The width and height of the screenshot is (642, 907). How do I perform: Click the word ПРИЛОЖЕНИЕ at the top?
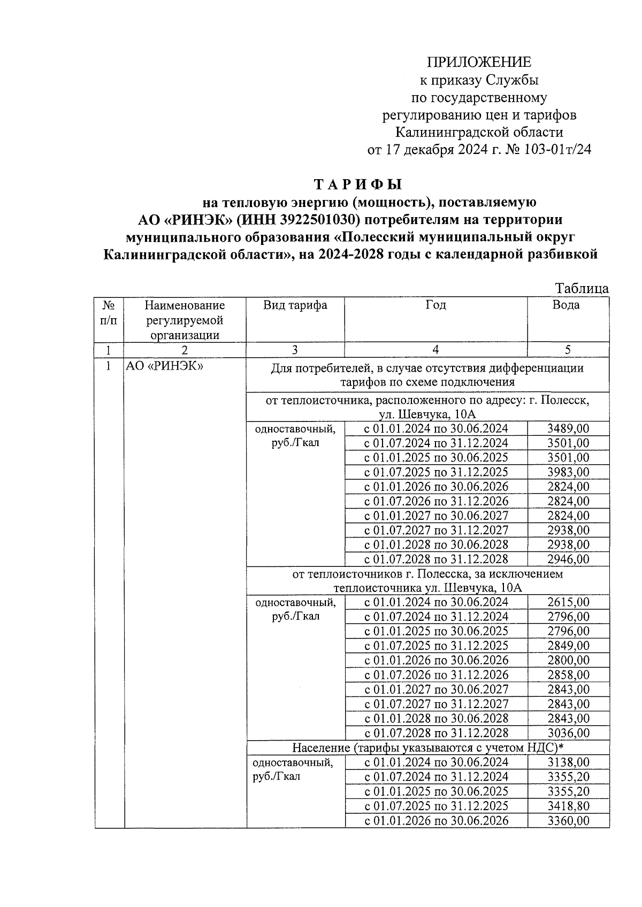pos(479,62)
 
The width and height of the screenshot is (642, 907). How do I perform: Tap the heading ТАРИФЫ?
pos(357,185)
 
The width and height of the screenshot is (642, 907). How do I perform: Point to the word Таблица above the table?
pos(582,288)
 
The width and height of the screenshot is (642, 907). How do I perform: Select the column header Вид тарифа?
pos(295,305)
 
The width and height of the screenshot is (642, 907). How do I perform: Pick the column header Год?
pos(435,305)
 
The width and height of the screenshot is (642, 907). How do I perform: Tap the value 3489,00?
pos(568,428)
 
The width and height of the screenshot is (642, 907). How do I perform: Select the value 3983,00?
pos(568,472)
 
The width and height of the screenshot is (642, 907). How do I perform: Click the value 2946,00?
pos(568,559)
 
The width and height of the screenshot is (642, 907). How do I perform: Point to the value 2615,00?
pos(568,602)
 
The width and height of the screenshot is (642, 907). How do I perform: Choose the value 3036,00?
pos(568,733)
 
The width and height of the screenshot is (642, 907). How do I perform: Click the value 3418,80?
pos(568,805)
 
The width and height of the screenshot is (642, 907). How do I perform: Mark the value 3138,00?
pos(568,762)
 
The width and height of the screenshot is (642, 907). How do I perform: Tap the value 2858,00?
pos(568,674)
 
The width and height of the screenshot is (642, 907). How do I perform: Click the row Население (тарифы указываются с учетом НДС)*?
pos(427,748)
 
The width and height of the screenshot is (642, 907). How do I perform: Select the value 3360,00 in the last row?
pos(568,820)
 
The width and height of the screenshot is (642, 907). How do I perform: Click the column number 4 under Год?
pos(435,350)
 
